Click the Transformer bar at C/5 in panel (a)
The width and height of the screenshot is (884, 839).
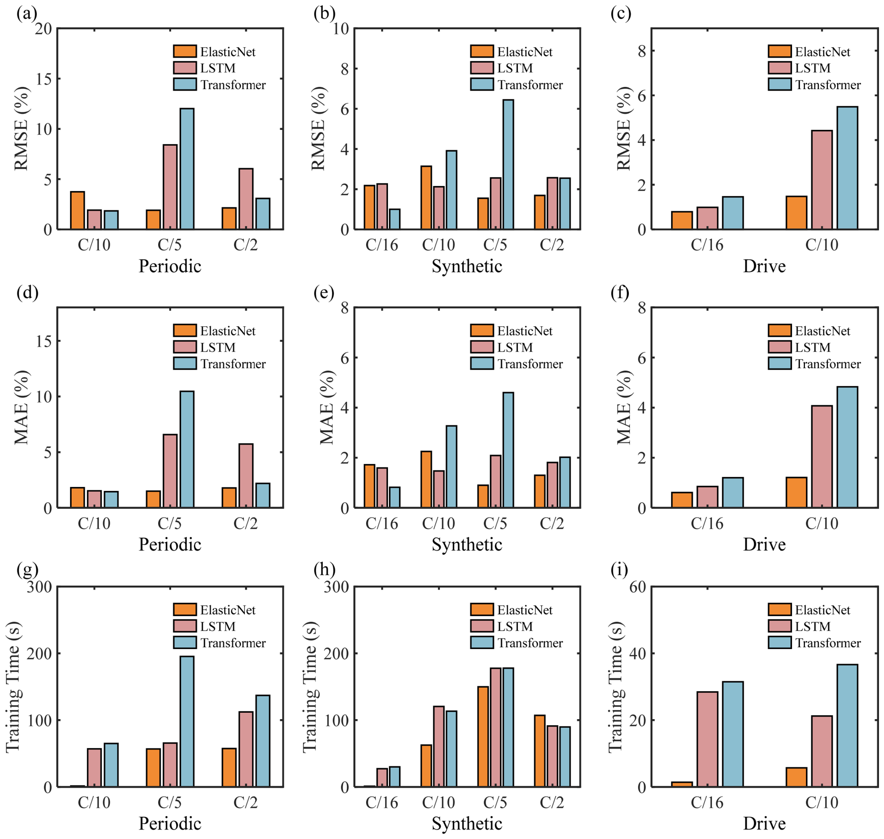click(187, 169)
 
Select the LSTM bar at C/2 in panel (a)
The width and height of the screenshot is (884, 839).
click(246, 199)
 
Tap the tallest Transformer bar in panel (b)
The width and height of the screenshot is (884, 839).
click(508, 164)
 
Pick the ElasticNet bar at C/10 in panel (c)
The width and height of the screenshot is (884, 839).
click(796, 213)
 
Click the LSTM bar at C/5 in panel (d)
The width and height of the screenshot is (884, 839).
click(170, 471)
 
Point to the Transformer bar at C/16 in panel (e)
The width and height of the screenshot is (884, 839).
click(394, 497)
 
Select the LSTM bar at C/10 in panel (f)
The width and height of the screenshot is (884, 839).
click(822, 457)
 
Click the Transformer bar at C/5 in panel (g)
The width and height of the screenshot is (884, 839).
click(187, 721)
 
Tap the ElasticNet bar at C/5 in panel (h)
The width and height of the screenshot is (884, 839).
click(483, 737)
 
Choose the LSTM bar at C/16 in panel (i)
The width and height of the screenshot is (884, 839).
click(707, 739)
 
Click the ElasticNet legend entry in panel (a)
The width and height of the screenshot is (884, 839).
click(214, 51)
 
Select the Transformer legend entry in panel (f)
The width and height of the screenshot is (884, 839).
click(814, 364)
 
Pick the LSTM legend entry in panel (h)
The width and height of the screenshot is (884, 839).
click(501, 626)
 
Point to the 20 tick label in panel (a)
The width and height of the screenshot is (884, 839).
click(43, 29)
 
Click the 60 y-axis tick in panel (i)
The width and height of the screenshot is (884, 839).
click(638, 587)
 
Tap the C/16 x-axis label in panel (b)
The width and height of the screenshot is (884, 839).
click(382, 245)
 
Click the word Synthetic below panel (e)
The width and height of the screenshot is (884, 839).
click(467, 545)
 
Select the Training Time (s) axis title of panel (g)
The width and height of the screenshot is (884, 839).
click(13, 687)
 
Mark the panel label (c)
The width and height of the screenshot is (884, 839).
click(621, 13)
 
